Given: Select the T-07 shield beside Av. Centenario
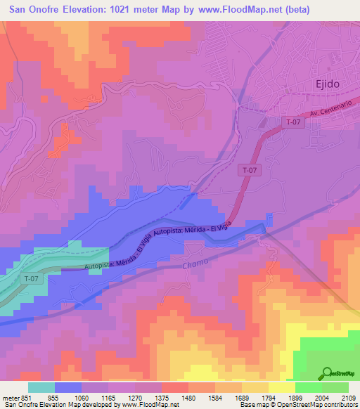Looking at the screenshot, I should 294,122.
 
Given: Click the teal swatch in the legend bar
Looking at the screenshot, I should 41,387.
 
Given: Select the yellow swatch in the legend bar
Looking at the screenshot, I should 282,387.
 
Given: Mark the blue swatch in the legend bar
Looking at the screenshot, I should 68,387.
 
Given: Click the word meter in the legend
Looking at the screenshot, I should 11,396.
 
